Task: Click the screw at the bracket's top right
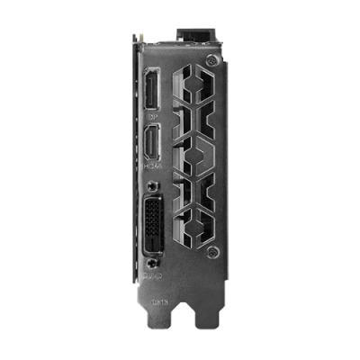211,60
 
